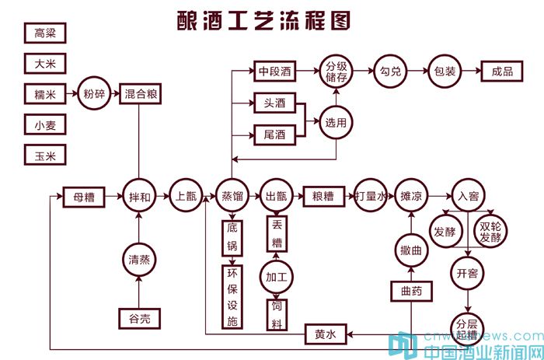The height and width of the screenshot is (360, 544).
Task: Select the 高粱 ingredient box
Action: point(44,33)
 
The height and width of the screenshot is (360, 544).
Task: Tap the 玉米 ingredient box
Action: point(44,156)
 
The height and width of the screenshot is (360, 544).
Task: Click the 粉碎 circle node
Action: point(93,95)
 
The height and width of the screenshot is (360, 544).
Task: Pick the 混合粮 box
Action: point(141,95)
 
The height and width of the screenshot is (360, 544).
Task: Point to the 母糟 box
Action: point(83,197)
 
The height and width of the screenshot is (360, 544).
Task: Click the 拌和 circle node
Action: point(139,197)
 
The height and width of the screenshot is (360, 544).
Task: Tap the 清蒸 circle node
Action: point(139,260)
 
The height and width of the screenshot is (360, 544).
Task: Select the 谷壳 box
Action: point(139,317)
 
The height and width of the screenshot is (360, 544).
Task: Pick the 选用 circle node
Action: point(336,121)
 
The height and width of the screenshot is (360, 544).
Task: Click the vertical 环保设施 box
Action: point(232,296)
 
